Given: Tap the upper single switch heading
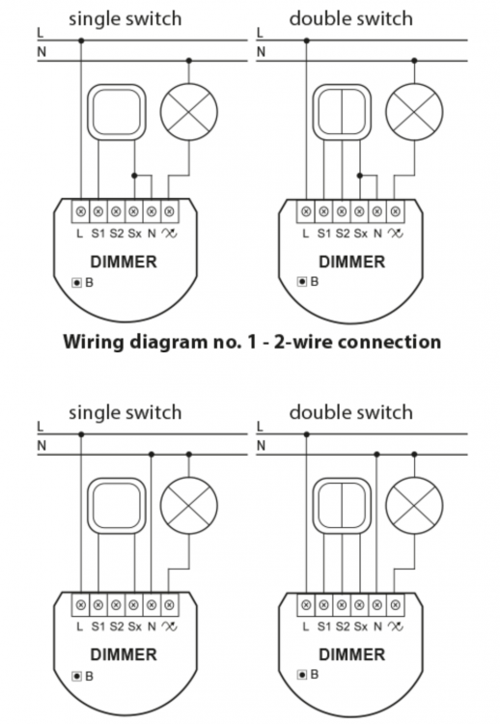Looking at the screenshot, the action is [125, 19].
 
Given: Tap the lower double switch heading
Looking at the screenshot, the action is [351, 412].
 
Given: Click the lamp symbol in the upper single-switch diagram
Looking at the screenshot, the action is [189, 112].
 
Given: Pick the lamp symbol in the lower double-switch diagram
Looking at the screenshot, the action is [414, 505].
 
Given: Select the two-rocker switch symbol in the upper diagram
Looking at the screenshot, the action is [342, 112].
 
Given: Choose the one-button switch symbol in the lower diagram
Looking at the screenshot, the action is [117, 506].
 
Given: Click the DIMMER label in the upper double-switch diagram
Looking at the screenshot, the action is [351, 262].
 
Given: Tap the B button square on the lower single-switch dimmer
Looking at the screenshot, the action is [76, 677].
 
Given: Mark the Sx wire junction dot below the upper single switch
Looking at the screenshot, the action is [134, 176].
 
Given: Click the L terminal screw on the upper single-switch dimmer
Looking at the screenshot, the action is [81, 211].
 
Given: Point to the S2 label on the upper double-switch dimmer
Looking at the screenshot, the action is [343, 234].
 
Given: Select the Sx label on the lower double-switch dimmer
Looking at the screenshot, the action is [361, 627].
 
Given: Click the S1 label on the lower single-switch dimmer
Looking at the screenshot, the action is [98, 627].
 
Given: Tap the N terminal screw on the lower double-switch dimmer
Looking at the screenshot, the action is [377, 604].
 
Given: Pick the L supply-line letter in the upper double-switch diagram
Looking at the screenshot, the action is [260, 33].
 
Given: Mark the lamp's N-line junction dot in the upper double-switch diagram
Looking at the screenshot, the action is [414, 61].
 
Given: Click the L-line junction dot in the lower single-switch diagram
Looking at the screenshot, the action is [81, 434].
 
